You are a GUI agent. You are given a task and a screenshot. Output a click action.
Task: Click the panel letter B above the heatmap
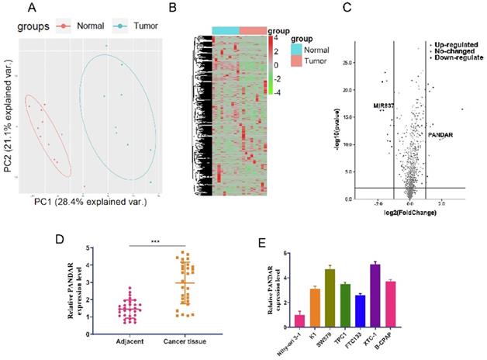pos(173,9)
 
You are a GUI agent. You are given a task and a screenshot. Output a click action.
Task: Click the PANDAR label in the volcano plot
pos(440,135)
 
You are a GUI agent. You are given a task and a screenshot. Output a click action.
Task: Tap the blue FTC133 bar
pos(382,310)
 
